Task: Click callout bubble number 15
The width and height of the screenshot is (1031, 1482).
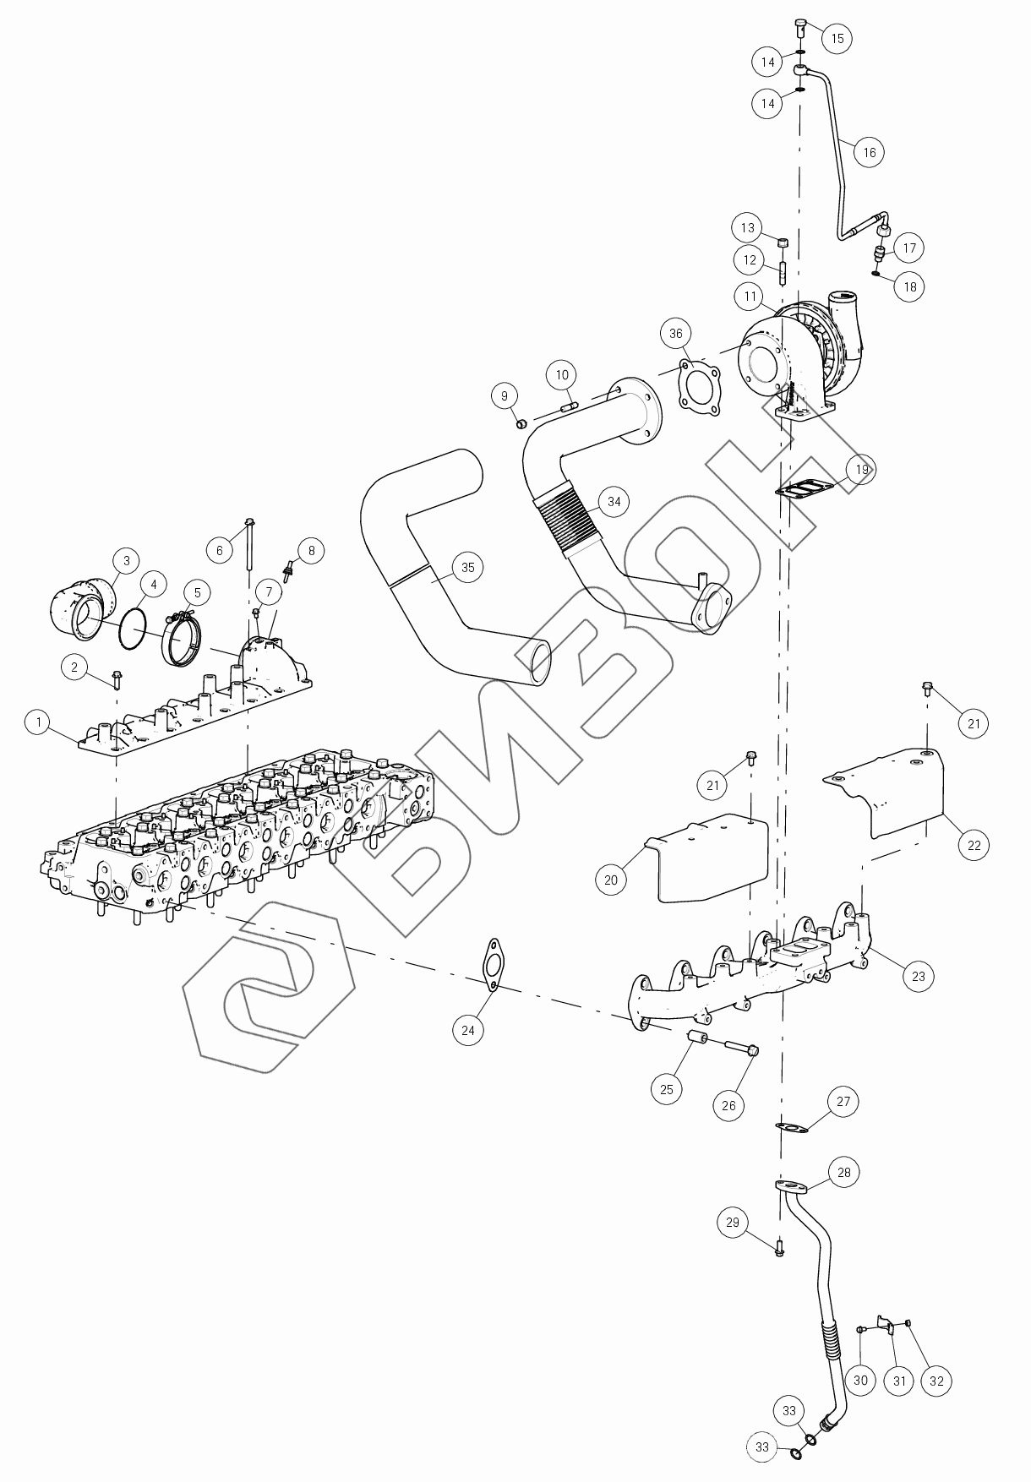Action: [837, 39]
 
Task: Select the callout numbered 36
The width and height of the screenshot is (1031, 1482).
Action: [676, 334]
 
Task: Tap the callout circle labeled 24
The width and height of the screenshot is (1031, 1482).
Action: [467, 1029]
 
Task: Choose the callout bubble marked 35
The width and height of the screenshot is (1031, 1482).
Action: [467, 568]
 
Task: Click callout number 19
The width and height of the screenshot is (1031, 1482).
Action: [861, 469]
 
